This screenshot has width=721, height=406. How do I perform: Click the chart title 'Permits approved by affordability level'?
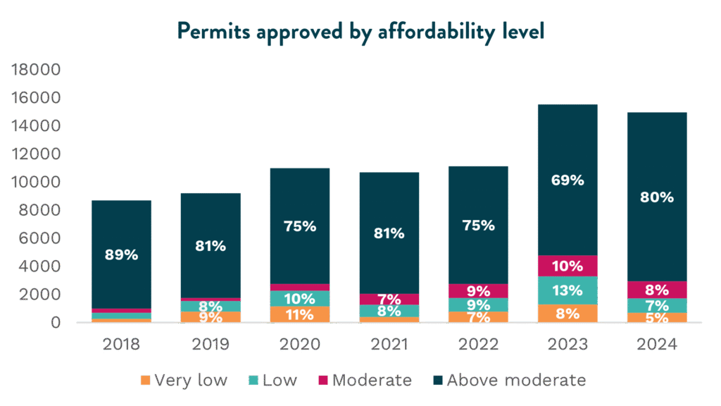coord(360,32)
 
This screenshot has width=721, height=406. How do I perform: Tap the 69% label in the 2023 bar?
coord(568,180)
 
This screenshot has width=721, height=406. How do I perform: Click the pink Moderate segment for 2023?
coord(568,266)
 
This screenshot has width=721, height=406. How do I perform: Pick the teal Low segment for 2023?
coord(568,290)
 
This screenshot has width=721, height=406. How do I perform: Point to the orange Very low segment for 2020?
coord(300,314)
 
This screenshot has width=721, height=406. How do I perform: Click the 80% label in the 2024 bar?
coord(657,198)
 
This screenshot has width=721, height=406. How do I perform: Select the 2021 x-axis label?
coord(389,345)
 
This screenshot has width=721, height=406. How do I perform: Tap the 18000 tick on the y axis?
coord(36,70)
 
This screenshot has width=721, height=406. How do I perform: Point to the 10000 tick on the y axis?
coord(36,183)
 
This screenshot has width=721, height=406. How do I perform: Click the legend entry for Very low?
coord(184,381)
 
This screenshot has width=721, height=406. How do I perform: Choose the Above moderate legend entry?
coord(508,381)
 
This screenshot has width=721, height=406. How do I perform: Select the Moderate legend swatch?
coord(323,381)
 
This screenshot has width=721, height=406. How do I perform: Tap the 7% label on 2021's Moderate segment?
coord(389,300)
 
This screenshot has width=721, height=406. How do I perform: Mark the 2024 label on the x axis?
coord(657,345)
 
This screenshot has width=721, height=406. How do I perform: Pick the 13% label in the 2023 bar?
coord(568,290)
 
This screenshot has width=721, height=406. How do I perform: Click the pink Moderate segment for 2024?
coord(657,289)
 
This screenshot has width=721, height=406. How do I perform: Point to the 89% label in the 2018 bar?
coord(121,255)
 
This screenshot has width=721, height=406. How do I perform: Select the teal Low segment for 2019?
coord(211,306)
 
